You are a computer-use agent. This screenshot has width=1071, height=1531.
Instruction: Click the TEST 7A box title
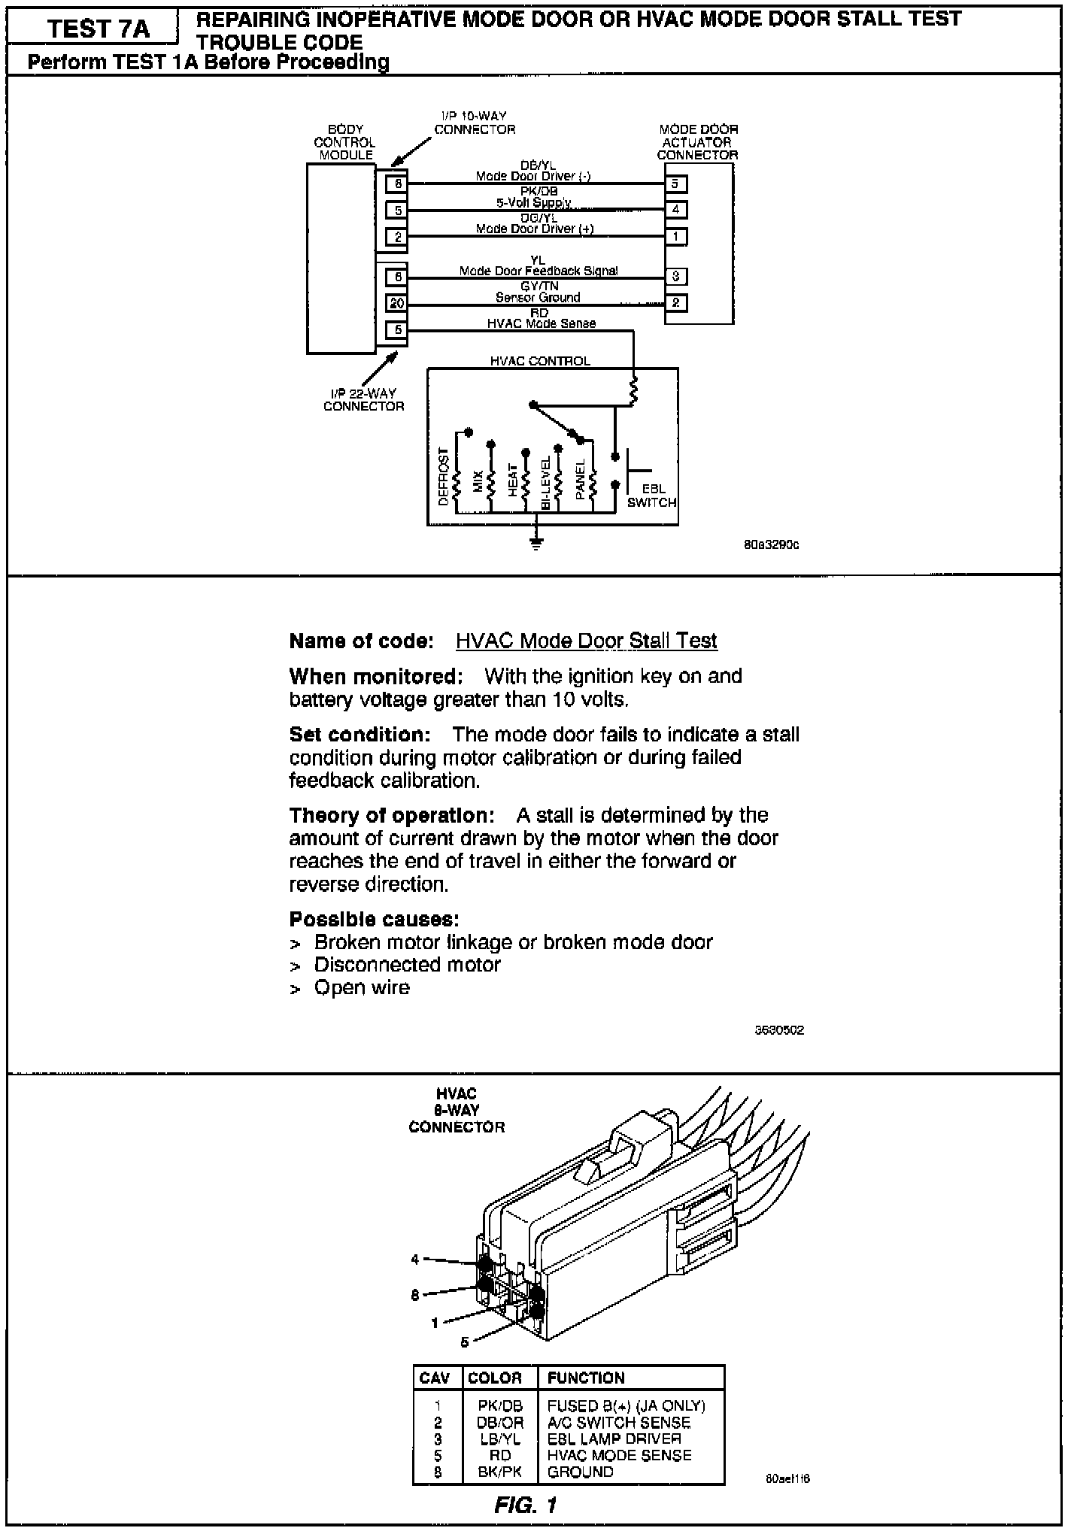[x=98, y=29]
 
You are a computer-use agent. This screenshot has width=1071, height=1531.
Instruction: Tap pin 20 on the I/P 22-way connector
[x=396, y=304]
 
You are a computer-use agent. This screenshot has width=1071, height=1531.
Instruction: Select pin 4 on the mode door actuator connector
[x=675, y=210]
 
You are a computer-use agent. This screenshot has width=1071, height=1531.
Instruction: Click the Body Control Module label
[x=345, y=142]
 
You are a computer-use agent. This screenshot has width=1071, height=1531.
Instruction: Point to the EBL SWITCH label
[x=652, y=496]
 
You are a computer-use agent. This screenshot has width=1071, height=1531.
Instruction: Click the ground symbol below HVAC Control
[x=535, y=543]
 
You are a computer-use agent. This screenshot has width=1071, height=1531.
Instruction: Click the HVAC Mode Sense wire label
[x=542, y=323]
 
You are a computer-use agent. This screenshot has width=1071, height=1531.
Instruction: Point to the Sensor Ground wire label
[x=538, y=298]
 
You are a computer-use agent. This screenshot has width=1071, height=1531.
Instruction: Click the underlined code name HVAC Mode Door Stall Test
[x=586, y=641]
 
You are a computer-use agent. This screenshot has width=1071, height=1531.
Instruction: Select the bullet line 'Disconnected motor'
[x=407, y=965]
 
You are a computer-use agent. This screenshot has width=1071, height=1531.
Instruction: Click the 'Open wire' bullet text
[x=362, y=987]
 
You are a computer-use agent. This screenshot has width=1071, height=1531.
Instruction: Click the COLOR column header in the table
[x=494, y=1378]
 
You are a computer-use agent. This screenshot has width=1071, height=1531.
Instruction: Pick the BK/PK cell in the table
[x=499, y=1472]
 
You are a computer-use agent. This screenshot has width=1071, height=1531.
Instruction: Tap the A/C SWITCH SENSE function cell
[x=618, y=1423]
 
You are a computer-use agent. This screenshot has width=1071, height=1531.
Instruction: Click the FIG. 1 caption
[x=526, y=1505]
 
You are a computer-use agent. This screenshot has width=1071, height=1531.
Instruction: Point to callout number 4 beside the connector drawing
[x=414, y=1260]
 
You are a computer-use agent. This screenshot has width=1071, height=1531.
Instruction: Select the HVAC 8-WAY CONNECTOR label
[x=457, y=1111]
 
